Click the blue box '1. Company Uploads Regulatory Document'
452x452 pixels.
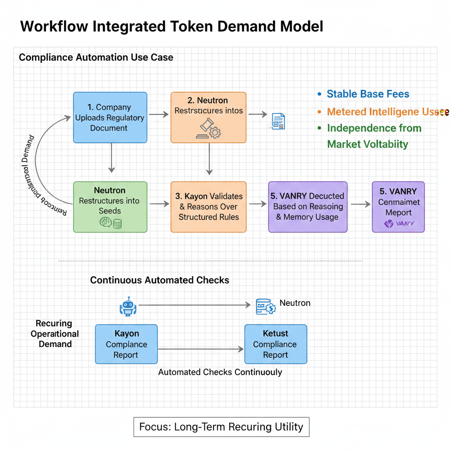click(x=110, y=117)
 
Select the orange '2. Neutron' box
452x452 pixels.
click(x=208, y=117)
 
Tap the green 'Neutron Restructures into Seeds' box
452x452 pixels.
click(x=110, y=207)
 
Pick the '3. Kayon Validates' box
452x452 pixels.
click(x=208, y=207)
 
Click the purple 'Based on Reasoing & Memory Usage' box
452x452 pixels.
click(x=308, y=207)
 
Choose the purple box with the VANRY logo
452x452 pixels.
click(x=398, y=207)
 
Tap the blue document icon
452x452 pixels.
click(x=278, y=121)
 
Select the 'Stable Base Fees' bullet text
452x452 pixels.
click(x=368, y=94)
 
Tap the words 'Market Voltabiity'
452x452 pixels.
click(x=368, y=144)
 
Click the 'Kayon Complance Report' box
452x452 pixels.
click(x=126, y=344)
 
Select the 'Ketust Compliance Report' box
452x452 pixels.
click(x=275, y=344)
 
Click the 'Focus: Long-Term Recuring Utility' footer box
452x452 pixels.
click(x=221, y=427)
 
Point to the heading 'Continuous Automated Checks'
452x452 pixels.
click(x=160, y=280)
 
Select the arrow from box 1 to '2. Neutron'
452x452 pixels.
click(x=159, y=115)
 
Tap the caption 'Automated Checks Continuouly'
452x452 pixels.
click(x=220, y=372)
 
